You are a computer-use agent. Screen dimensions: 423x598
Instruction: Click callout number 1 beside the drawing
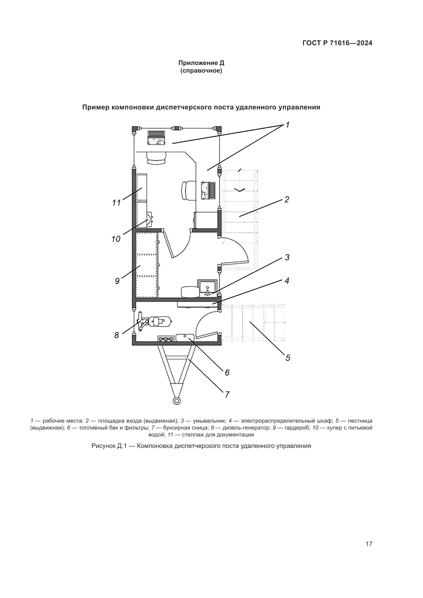[x=287, y=125]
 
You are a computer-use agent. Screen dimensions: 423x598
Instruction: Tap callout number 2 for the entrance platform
[x=287, y=199]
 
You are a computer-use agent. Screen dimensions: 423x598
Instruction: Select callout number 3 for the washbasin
[x=287, y=257]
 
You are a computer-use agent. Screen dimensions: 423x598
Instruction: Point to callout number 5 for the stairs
[x=287, y=358]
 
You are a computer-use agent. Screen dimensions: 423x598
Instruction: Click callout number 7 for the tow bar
[x=227, y=394]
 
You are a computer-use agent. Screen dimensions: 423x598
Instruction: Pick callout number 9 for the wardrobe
[x=117, y=281]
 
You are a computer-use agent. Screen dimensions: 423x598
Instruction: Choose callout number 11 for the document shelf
[x=116, y=203]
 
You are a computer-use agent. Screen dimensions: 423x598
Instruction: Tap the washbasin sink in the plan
[x=207, y=288]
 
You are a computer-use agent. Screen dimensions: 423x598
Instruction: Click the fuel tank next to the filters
[x=185, y=337]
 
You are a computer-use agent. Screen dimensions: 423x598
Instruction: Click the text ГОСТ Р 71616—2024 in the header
[x=337, y=43]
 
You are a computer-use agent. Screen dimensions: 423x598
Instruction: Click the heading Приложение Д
[x=201, y=63]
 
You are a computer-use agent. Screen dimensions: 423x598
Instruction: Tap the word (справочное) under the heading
[x=201, y=71]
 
